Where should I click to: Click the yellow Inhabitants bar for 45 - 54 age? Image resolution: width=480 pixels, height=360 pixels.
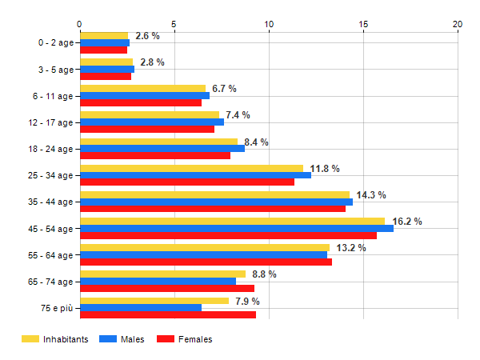click(232, 221)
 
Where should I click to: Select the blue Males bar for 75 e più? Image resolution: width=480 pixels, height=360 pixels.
click(141, 308)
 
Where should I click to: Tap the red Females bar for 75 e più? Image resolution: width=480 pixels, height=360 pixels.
click(168, 315)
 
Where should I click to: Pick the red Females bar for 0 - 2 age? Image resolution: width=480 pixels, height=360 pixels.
click(103, 50)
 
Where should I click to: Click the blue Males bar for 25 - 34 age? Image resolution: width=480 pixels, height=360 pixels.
click(195, 175)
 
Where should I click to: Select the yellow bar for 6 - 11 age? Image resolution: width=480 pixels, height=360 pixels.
click(142, 88)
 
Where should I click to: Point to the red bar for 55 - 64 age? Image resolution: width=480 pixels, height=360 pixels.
click(206, 262)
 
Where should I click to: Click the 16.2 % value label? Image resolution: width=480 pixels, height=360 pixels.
click(407, 222)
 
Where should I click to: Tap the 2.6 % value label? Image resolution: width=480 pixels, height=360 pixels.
click(148, 36)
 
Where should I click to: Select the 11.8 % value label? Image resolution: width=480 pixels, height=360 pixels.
click(325, 169)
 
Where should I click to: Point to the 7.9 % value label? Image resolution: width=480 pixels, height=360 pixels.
click(247, 302)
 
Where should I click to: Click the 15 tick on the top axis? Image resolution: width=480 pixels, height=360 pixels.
click(363, 24)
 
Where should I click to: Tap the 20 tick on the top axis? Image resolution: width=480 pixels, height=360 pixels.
click(458, 24)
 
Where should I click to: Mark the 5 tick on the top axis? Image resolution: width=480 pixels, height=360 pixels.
click(174, 24)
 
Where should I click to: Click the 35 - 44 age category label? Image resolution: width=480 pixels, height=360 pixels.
click(50, 202)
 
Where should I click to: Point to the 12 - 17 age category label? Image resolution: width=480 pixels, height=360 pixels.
click(50, 122)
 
